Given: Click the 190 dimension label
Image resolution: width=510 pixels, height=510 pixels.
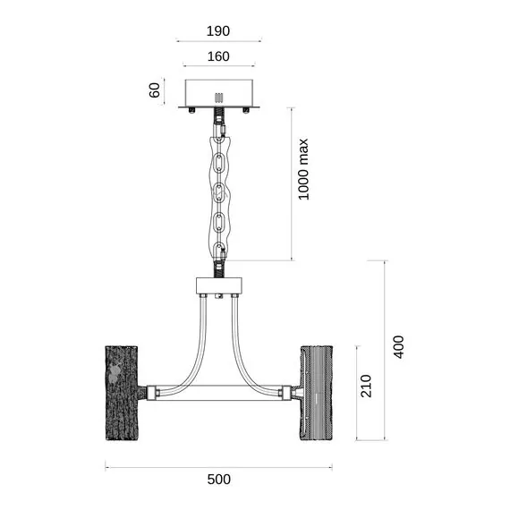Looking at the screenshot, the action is click(x=218, y=31).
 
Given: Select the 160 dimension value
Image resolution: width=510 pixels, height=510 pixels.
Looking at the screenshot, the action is click(x=218, y=56).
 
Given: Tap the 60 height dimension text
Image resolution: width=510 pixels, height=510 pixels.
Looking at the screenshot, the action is click(x=155, y=90).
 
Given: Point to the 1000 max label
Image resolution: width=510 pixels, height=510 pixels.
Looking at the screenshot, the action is click(x=303, y=169).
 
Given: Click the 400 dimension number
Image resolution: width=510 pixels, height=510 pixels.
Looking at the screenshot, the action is click(x=399, y=347).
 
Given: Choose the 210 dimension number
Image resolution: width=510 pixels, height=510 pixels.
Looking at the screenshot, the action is click(x=366, y=386).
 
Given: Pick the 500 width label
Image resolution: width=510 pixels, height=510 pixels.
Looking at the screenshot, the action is click(x=219, y=480).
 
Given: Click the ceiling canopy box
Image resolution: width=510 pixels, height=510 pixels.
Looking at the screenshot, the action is click(x=219, y=93).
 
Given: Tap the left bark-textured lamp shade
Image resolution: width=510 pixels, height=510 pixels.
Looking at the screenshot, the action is click(x=122, y=393).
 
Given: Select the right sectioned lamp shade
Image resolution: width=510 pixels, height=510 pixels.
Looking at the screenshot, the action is click(x=316, y=393).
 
